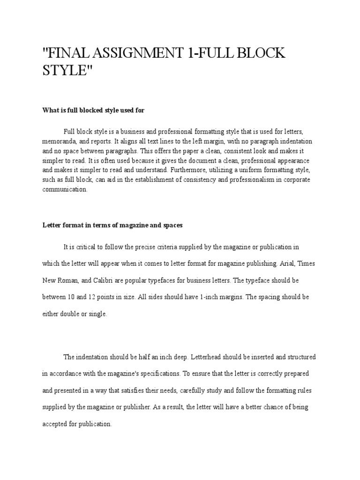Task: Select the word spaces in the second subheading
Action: [172, 225]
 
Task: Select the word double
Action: [69, 314]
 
